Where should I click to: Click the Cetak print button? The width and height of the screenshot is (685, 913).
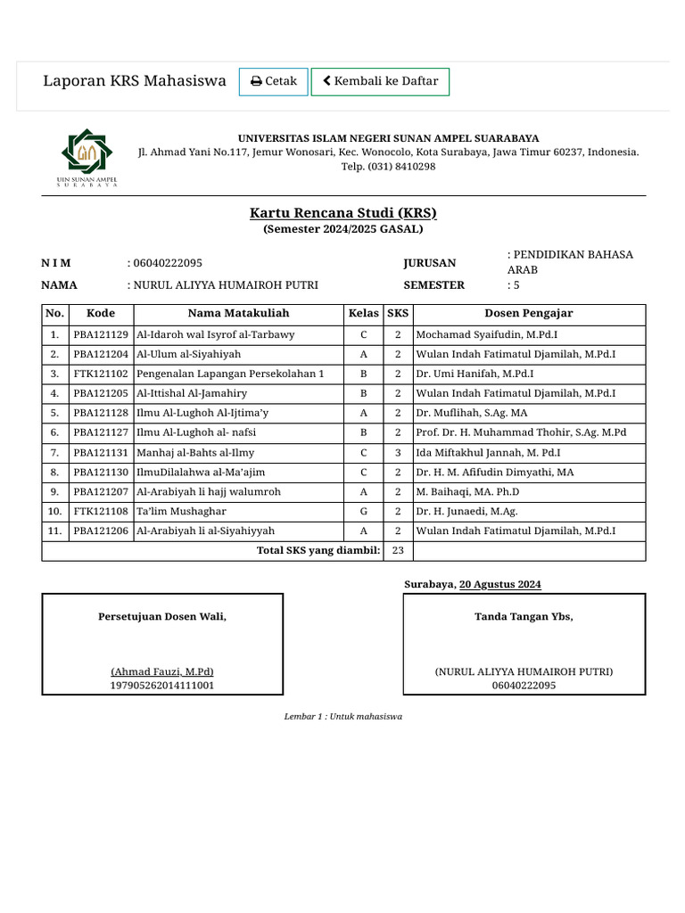click(x=274, y=81)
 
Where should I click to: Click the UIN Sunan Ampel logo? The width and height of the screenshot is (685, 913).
click(x=87, y=158)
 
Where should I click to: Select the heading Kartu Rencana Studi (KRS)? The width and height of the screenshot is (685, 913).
click(x=342, y=213)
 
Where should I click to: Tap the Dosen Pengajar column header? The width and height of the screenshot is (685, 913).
click(x=528, y=313)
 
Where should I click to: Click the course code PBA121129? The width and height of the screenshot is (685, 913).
click(x=101, y=334)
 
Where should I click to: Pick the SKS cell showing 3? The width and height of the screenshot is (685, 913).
click(x=398, y=453)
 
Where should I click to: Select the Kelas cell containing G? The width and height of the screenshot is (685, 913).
click(x=363, y=512)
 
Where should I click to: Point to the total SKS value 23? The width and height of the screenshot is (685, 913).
click(x=398, y=550)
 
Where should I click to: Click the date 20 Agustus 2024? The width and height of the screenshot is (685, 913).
click(x=499, y=585)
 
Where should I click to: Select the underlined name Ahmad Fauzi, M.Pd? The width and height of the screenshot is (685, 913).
click(x=162, y=671)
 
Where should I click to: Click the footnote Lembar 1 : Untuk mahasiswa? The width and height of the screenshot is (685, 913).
click(x=342, y=717)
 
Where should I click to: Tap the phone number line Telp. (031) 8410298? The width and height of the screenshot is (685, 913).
click(x=388, y=167)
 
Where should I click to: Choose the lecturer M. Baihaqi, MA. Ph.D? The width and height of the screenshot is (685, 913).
click(x=467, y=492)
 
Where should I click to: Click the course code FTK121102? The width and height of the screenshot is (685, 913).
click(x=101, y=374)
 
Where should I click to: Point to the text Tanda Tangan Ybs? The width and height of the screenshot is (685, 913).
click(x=524, y=617)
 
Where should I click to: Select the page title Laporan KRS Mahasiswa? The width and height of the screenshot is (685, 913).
click(x=135, y=81)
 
